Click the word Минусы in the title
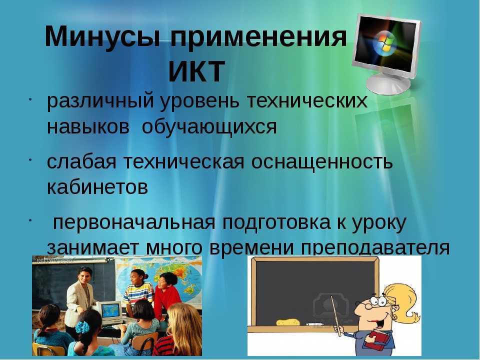click(102, 36)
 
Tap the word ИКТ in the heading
click(197, 71)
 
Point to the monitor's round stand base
click(388, 83)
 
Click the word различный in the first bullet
click(100, 101)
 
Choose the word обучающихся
click(209, 126)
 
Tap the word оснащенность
click(321, 162)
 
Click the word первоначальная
click(134, 223)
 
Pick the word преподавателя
click(375, 248)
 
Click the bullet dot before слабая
click(30, 160)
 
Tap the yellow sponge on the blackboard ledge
click(287, 322)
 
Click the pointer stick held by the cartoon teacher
click(336, 315)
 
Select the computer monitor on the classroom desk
click(110, 312)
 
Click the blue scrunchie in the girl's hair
click(82, 326)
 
